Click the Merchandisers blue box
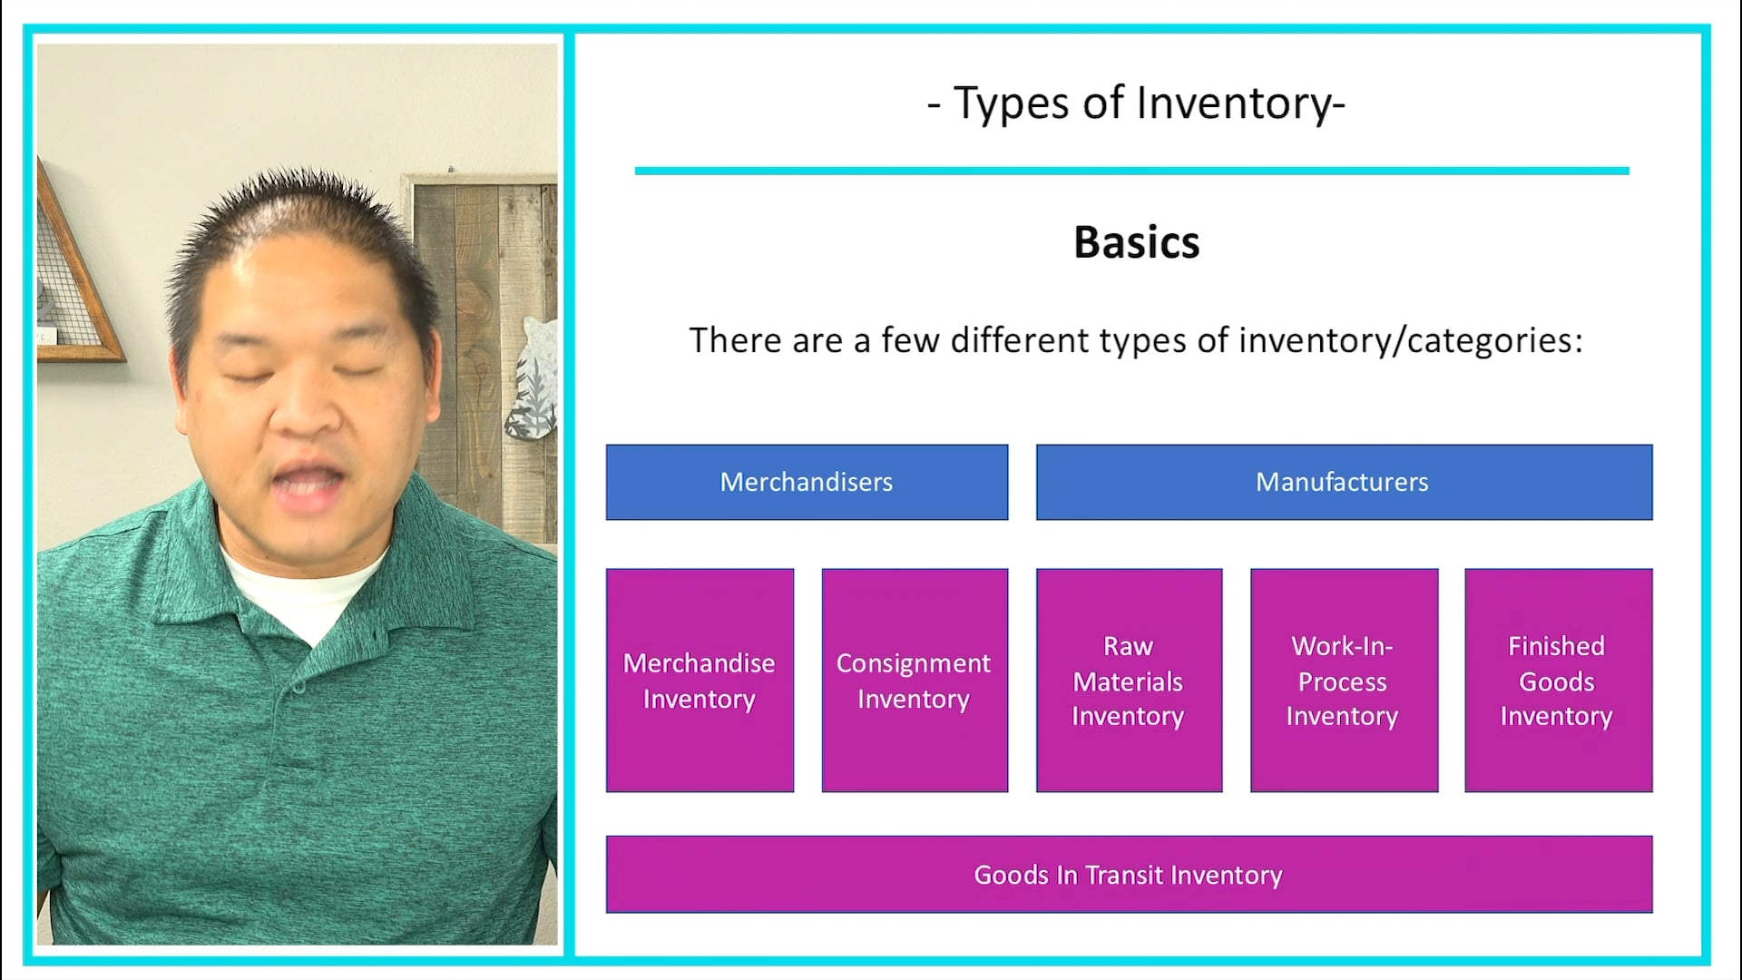[807, 482]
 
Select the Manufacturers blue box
[1344, 482]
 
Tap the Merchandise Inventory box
[700, 681]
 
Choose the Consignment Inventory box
[915, 681]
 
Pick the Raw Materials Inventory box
[1129, 681]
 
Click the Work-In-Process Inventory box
[1344, 681]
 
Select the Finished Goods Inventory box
[1558, 681]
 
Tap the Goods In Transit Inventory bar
[1129, 874]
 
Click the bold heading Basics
[1136, 242]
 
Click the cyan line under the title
[1131, 171]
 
